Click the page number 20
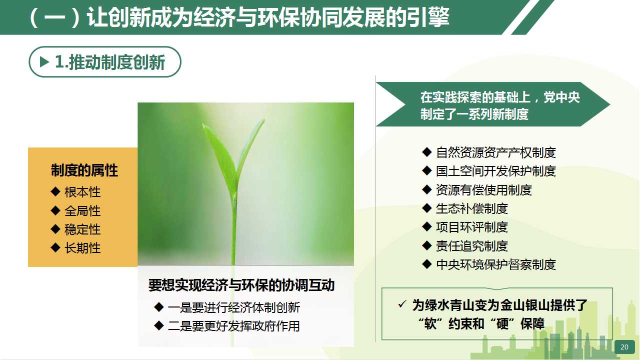coord(624,347)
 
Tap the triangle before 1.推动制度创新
coord(45,62)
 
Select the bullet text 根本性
coord(82,192)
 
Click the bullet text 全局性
coord(82,211)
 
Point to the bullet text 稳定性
coord(82,229)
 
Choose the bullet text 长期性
coord(82,248)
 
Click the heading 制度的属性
coord(84,170)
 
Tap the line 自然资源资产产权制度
coord(495,152)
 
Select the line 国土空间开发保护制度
coord(495,171)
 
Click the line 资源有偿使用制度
coord(483,190)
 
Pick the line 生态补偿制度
coord(471,208)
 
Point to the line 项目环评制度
coord(471,227)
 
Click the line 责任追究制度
coord(471,246)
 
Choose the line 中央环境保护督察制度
coord(495,264)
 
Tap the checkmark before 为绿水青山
coord(402,304)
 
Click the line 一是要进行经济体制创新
coord(233,307)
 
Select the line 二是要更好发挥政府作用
coord(233,326)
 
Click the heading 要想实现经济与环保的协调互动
coord(241,285)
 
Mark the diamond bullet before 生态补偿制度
coord(427,208)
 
